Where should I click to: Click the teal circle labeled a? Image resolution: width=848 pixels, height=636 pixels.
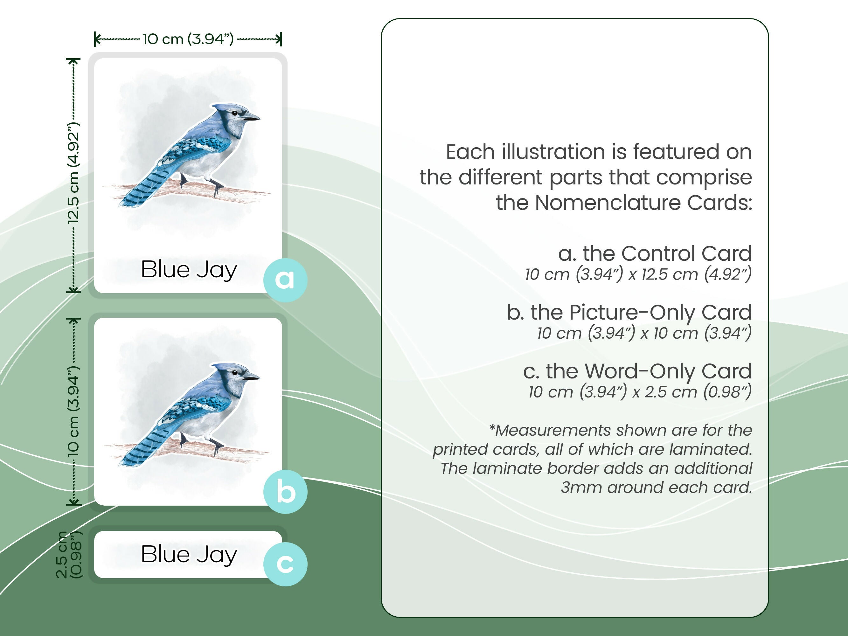tap(285, 280)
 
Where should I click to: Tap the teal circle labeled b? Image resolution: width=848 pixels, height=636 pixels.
tap(285, 492)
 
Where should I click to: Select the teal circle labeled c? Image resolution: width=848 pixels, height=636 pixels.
tap(285, 564)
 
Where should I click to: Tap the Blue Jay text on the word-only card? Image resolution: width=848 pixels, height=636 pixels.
tap(189, 554)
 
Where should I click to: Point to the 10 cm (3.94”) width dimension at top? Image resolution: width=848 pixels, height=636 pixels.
tap(188, 39)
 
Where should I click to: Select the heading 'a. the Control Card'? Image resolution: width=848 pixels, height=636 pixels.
tap(654, 253)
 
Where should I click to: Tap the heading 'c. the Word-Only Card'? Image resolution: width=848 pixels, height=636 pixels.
tap(637, 371)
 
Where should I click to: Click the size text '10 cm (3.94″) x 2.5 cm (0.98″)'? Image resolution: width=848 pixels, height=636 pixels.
tap(639, 392)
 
